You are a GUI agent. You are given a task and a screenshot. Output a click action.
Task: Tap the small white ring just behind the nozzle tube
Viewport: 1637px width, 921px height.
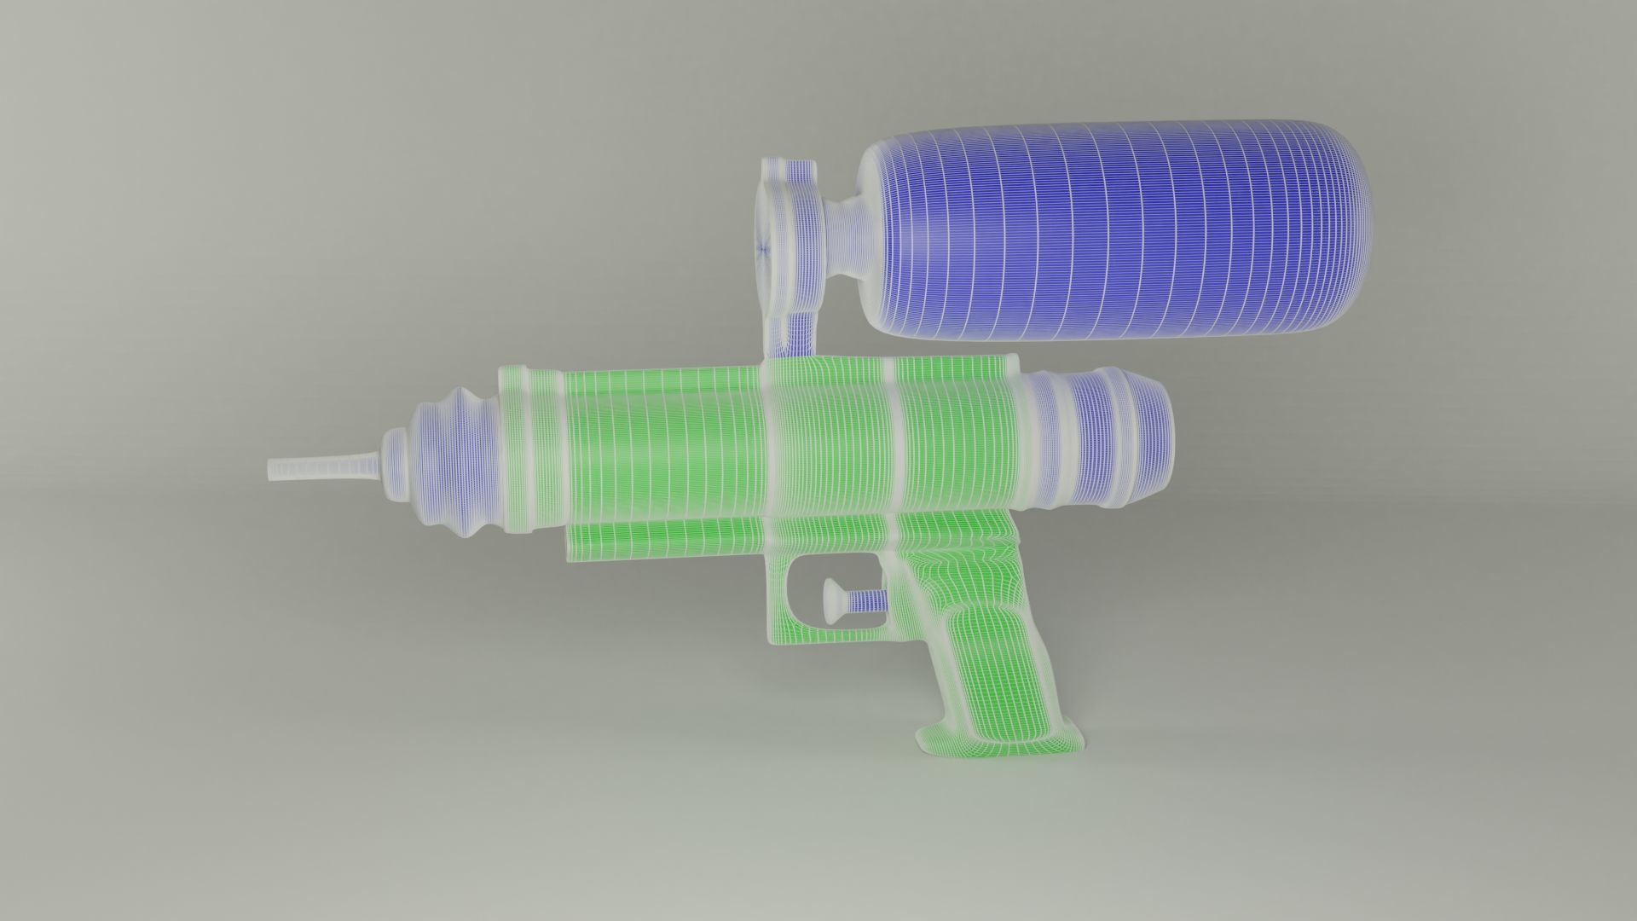click(393, 465)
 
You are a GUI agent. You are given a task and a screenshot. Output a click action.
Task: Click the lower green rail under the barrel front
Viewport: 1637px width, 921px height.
click(665, 539)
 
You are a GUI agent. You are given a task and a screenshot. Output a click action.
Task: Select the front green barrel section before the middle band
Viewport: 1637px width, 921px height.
click(665, 443)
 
